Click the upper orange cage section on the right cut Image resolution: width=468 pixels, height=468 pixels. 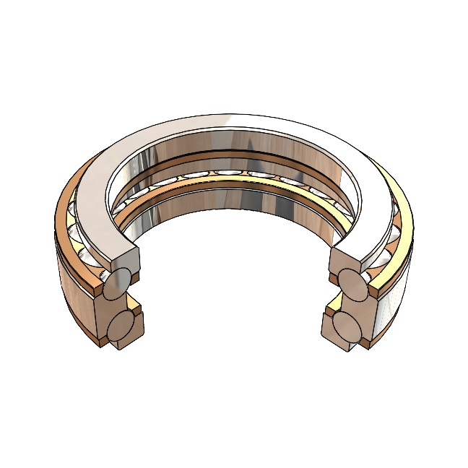(376, 290)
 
